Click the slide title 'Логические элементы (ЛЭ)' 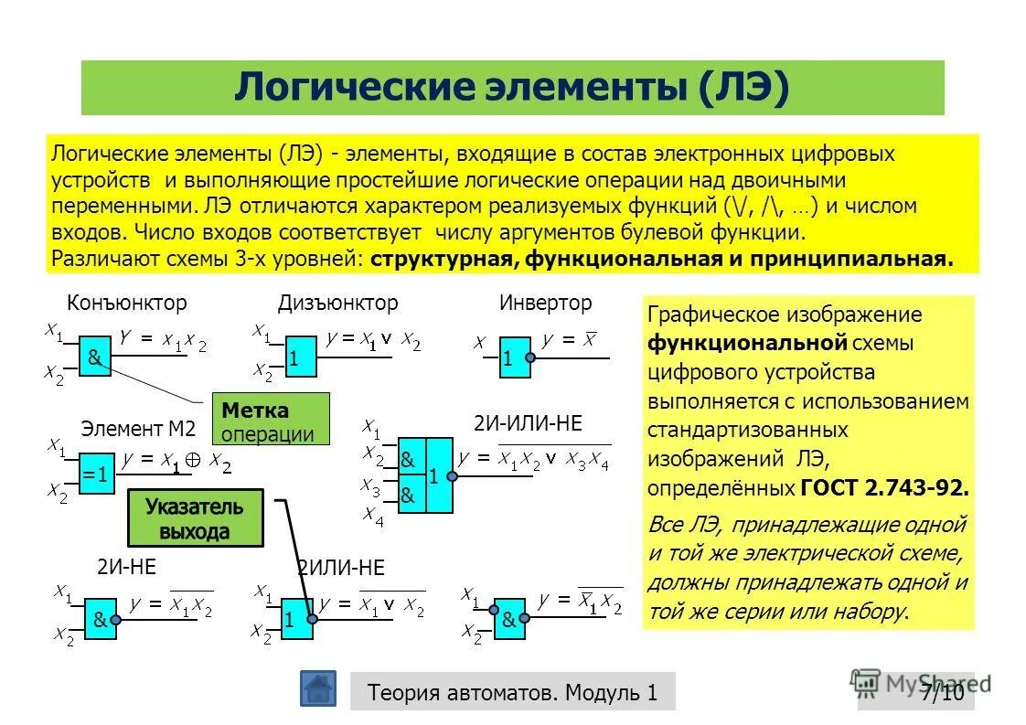click(x=512, y=88)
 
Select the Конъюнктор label click(x=127, y=303)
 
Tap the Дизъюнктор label click(x=338, y=303)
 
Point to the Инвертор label click(x=546, y=303)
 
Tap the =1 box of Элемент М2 click(x=96, y=474)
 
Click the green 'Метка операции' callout click(x=270, y=420)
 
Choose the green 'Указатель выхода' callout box click(x=195, y=518)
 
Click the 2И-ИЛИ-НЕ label click(x=528, y=424)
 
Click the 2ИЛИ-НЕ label click(x=340, y=568)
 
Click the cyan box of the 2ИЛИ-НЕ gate click(x=295, y=619)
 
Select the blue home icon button click(x=317, y=688)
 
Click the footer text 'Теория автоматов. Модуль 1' click(x=512, y=692)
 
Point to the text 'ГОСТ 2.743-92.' click(x=884, y=487)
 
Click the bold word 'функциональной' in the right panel click(x=748, y=343)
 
